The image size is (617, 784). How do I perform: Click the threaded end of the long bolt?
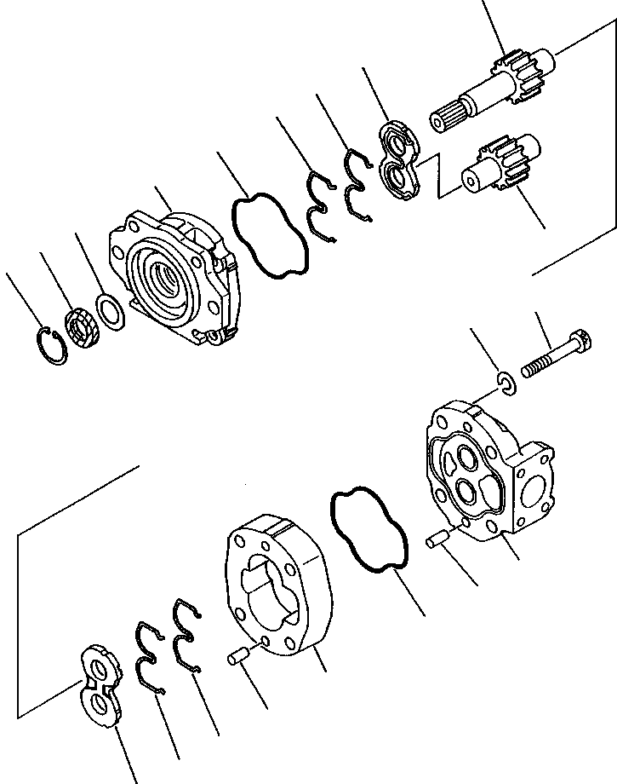point(532,368)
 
